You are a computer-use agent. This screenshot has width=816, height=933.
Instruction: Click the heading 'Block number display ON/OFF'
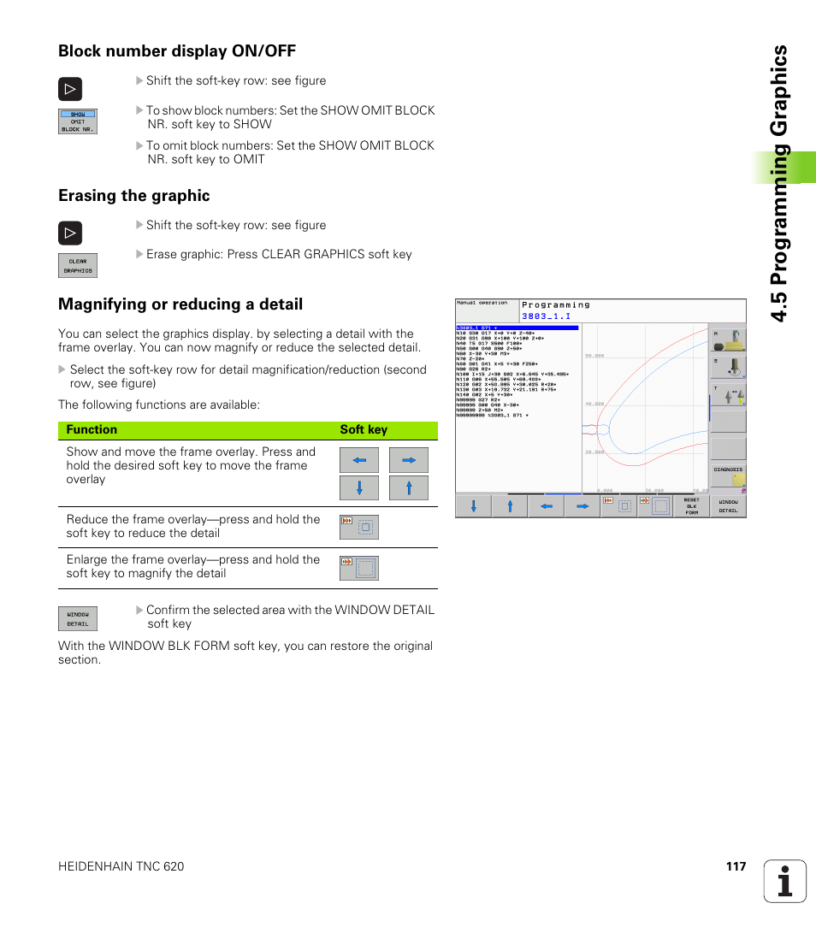click(x=176, y=51)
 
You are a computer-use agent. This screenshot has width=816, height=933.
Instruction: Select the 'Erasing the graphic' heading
click(x=133, y=196)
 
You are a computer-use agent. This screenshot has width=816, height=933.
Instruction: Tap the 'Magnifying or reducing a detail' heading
click(x=180, y=304)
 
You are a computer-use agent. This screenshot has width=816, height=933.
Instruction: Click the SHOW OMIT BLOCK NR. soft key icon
click(x=77, y=121)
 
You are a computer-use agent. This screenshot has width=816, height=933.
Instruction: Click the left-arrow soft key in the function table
click(x=359, y=460)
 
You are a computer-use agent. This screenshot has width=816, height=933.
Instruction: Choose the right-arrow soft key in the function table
click(x=409, y=460)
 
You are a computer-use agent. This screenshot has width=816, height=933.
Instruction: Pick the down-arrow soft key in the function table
click(x=359, y=488)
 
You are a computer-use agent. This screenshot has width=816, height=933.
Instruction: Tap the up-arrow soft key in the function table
click(x=409, y=488)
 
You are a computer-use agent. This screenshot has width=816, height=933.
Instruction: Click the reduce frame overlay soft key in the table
click(x=359, y=527)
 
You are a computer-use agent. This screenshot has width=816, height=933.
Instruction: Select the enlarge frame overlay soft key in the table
click(x=359, y=568)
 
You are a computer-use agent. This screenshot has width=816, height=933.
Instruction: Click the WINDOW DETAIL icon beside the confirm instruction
click(x=77, y=618)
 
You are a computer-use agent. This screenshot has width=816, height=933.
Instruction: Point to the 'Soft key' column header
click(x=364, y=430)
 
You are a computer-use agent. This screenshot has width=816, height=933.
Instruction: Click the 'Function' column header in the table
click(x=92, y=430)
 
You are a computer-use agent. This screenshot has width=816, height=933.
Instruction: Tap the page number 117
click(x=736, y=866)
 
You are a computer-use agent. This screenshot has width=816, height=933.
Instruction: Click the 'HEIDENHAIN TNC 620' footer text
click(x=121, y=866)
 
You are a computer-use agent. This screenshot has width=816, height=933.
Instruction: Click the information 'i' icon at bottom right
click(x=785, y=882)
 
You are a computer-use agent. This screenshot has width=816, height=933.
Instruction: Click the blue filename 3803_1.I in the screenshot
click(x=546, y=316)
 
